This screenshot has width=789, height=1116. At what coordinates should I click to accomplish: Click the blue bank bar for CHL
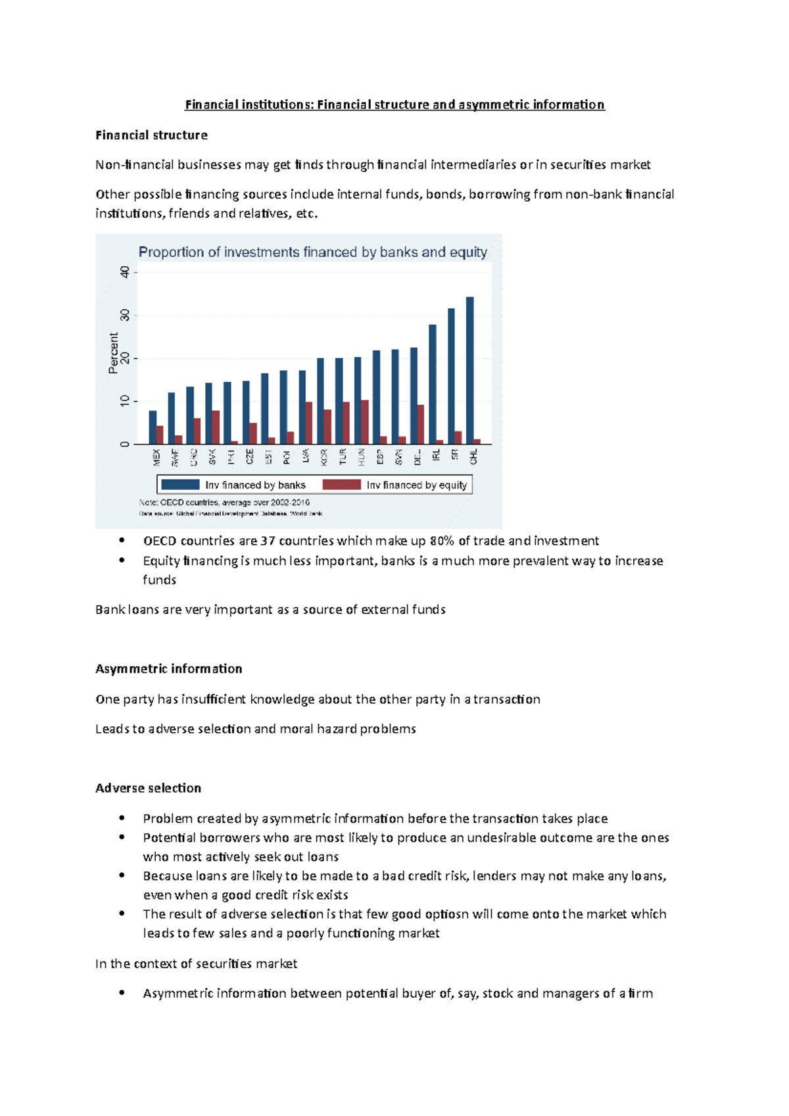470,371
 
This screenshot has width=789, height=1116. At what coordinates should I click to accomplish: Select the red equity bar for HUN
365,422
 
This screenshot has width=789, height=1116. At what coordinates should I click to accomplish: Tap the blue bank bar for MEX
153,427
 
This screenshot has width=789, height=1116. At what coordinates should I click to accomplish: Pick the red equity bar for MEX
160,434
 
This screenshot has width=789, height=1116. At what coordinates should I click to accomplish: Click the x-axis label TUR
343,457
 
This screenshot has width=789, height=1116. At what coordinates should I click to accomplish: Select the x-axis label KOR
324,457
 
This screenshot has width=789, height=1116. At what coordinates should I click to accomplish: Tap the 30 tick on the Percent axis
125,316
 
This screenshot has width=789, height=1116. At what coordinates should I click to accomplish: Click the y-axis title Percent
114,353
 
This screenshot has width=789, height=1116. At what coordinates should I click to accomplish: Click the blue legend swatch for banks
180,484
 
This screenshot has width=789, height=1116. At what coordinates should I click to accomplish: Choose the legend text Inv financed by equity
417,485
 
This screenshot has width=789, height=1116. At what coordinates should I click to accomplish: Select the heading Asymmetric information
168,669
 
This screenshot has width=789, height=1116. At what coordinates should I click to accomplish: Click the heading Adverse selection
148,788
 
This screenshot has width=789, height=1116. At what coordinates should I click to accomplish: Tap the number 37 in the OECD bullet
268,541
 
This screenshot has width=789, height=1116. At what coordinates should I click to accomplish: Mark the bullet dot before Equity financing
122,560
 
